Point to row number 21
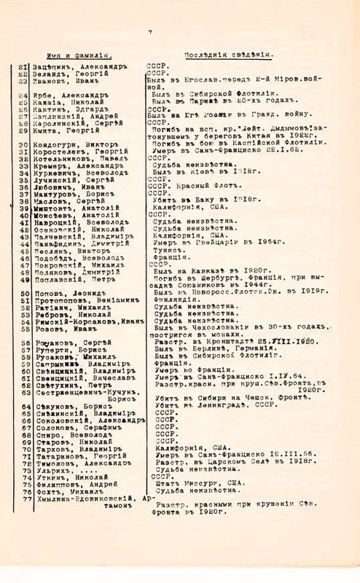click(23, 66)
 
